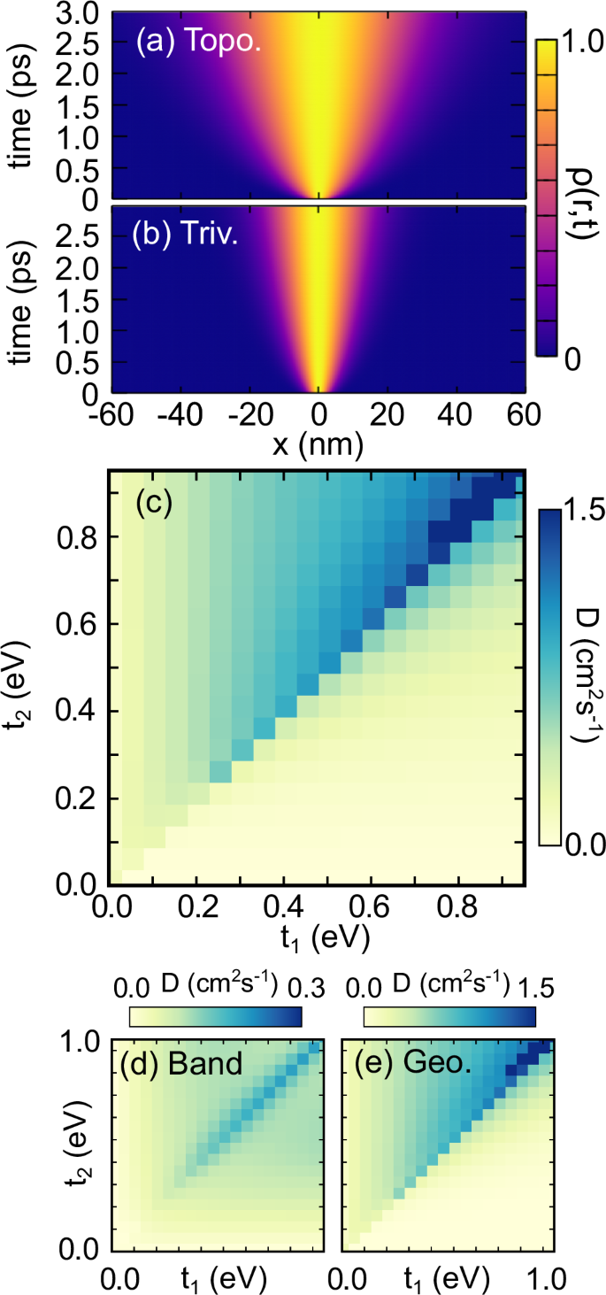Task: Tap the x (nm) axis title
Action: pos(319,446)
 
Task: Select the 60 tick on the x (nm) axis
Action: pos(529,416)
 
